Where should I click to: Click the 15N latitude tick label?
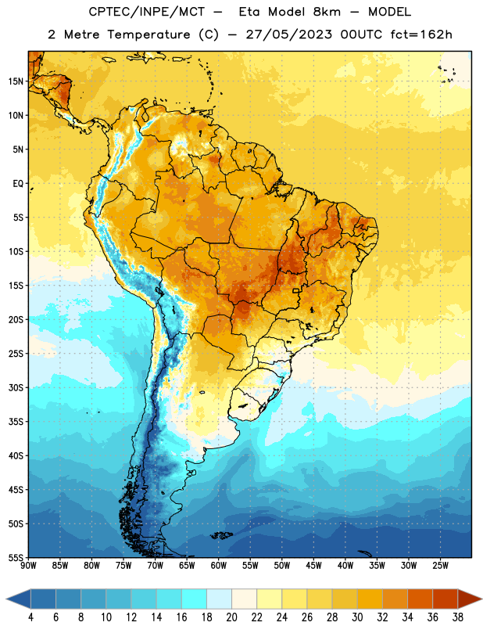point(16,81)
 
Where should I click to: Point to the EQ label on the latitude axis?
point(18,184)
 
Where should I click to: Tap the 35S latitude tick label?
point(16,422)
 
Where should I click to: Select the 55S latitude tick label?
point(16,557)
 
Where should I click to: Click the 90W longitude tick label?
point(28,566)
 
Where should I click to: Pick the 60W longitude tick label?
point(219,566)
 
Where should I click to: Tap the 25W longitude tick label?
point(440,566)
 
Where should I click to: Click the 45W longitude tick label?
point(313,566)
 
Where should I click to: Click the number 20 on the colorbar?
point(231,617)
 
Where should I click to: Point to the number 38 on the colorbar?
point(458,617)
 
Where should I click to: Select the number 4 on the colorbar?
point(30,617)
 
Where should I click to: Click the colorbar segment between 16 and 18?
point(195,599)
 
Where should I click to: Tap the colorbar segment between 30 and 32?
point(370,599)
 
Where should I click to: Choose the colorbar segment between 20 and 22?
point(245,599)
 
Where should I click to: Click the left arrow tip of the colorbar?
point(6,599)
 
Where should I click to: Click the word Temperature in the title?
point(148,34)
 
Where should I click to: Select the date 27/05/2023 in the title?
point(288,34)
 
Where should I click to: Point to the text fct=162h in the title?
point(421,34)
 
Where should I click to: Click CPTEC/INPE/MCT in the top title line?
point(147,12)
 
